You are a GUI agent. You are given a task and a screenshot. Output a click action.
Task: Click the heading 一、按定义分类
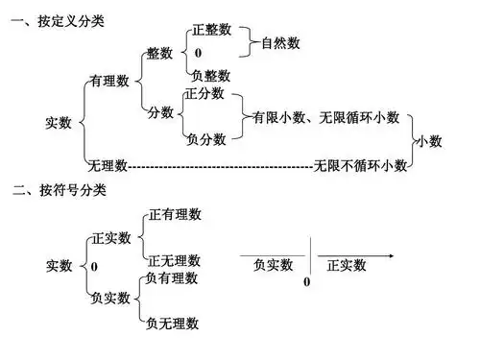tap(57, 18)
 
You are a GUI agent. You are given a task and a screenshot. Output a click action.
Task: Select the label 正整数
tap(211, 30)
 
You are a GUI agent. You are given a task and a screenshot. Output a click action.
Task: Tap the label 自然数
tap(279, 43)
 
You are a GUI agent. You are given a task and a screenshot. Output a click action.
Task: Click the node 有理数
tap(109, 83)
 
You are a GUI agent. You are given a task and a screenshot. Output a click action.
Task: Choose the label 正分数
tap(205, 94)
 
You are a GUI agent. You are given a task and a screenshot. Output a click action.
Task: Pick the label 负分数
tap(206, 139)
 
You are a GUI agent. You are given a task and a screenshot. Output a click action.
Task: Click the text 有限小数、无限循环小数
tap(325, 117)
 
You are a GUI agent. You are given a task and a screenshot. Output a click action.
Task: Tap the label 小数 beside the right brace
tap(429, 141)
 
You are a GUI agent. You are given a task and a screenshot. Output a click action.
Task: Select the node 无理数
tap(108, 165)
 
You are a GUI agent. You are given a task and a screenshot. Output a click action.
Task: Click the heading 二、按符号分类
tap(57, 191)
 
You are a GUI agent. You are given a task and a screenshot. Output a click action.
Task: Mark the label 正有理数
tap(175, 215)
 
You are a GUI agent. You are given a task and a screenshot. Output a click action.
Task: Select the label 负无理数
tap(173, 324)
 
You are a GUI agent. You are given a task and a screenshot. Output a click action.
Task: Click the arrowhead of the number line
tap(391, 256)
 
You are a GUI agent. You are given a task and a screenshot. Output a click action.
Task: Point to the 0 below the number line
tap(307, 282)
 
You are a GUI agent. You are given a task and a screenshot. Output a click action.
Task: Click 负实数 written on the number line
tap(274, 265)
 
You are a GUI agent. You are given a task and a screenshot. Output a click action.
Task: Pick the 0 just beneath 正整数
tap(198, 53)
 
